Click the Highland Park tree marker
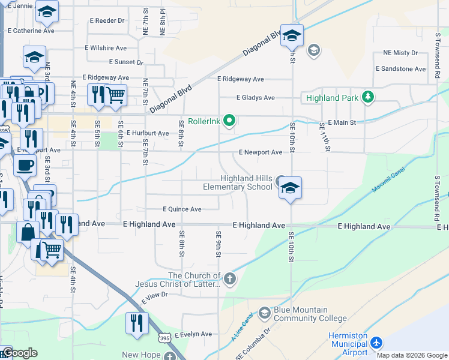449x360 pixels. pyautogui.click(x=367, y=97)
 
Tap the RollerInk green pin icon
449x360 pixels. pyautogui.click(x=229, y=121)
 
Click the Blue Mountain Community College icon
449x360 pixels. pyautogui.click(x=265, y=313)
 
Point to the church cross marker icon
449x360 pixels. pyautogui.click(x=229, y=278)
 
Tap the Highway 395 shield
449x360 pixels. pyautogui.click(x=164, y=338)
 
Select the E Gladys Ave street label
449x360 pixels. pyautogui.click(x=255, y=98)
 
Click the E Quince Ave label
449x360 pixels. pyautogui.click(x=182, y=209)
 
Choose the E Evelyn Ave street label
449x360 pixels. pyautogui.click(x=193, y=334)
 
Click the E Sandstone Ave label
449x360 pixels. pyautogui.click(x=400, y=69)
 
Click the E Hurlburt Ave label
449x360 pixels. pyautogui.click(x=147, y=133)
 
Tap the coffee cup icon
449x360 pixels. pyautogui.click(x=25, y=165)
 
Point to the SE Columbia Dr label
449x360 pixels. pyautogui.click(x=253, y=350)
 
